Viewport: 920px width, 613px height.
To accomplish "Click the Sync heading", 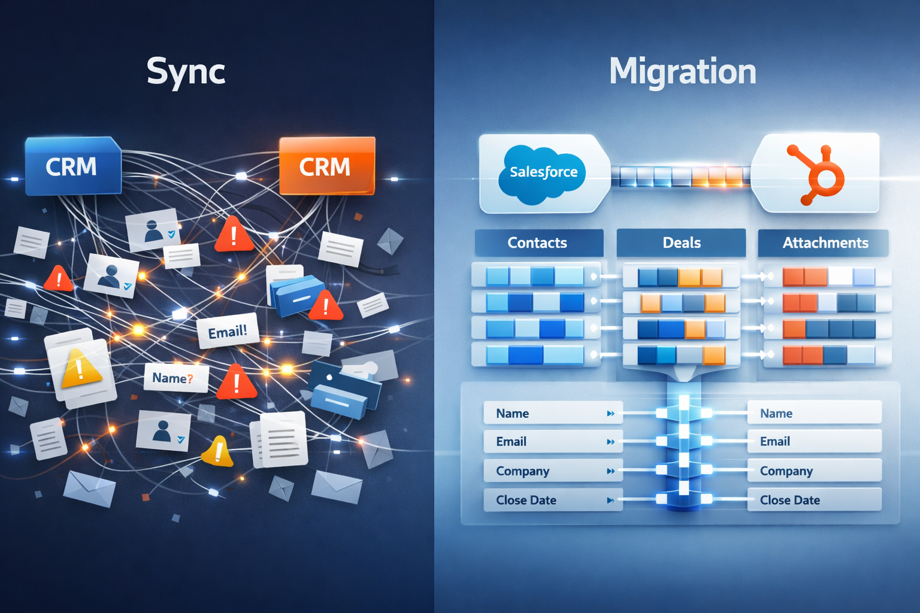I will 186,72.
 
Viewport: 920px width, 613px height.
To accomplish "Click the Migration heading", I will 682,72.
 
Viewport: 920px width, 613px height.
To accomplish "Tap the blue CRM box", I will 72,166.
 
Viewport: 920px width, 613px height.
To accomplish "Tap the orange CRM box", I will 326,166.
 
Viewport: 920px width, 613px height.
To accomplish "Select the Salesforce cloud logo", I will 543,172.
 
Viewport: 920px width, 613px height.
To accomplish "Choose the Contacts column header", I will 538,242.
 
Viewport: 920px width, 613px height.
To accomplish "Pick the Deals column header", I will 681,242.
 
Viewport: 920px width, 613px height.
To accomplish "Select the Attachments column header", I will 824,242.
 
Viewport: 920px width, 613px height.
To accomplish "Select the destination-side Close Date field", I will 813,500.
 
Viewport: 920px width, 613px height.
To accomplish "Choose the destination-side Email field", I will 813,442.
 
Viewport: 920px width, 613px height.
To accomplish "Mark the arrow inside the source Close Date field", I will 610,500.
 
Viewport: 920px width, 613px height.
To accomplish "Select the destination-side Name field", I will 813,413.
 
